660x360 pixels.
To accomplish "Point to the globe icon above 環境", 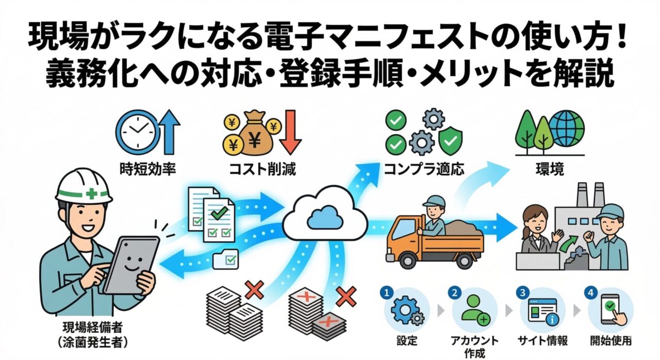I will [x=566, y=128].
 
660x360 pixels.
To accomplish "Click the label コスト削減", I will [x=263, y=169].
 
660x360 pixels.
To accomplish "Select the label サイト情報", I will [x=542, y=341].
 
